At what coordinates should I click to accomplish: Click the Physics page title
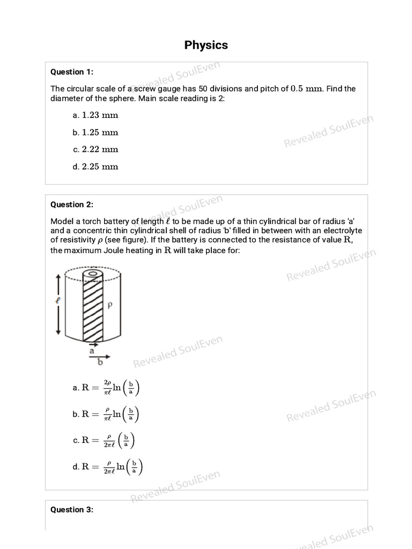(x=206, y=45)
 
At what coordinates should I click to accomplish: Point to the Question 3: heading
(x=71, y=510)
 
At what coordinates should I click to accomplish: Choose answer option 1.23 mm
(x=100, y=115)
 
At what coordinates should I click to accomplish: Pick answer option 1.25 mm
(x=100, y=132)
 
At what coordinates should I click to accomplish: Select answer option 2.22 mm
(x=100, y=150)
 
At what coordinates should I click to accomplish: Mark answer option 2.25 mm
(x=100, y=167)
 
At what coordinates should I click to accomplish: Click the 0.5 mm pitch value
(x=306, y=89)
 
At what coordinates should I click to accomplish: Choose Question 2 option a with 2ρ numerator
(x=111, y=388)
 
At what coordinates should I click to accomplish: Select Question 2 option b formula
(x=111, y=414)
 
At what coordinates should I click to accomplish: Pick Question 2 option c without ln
(x=108, y=440)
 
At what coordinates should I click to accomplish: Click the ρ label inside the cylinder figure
(x=110, y=306)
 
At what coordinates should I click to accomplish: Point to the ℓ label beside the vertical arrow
(x=57, y=301)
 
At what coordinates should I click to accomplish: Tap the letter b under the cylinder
(x=99, y=362)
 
